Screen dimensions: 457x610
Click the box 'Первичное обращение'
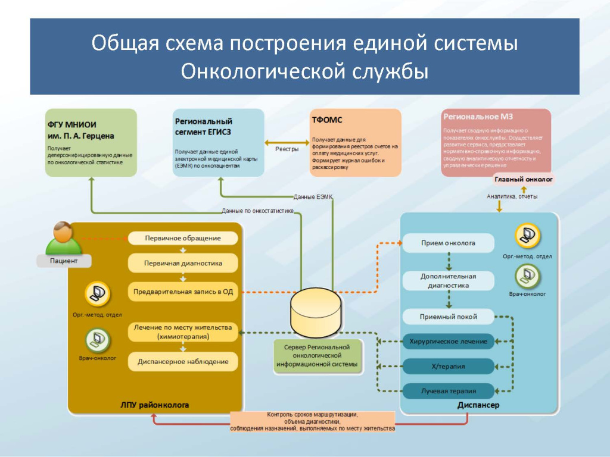pyautogui.click(x=183, y=238)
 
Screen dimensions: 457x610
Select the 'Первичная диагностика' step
pyautogui.click(x=183, y=262)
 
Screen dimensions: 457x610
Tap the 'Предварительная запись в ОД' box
pyautogui.click(x=183, y=292)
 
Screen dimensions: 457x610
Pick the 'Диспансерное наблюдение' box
pyautogui.click(x=183, y=361)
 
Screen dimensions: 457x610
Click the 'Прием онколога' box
pyautogui.click(x=448, y=243)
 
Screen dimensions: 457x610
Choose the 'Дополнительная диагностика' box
pyautogui.click(x=448, y=281)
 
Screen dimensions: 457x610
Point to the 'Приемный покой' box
pyautogui.click(x=448, y=317)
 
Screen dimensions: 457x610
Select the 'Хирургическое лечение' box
pyautogui.click(x=448, y=342)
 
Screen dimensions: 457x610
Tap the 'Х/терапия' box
pyautogui.click(x=448, y=366)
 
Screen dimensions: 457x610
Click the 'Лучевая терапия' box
pyautogui.click(x=448, y=391)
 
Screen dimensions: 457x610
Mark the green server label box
pyautogui.click(x=317, y=355)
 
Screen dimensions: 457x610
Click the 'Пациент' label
pyautogui.click(x=64, y=261)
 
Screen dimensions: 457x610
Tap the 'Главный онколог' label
pyautogui.click(x=524, y=179)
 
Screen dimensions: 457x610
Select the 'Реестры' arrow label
pyautogui.click(x=287, y=149)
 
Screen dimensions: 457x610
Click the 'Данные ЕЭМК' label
pyautogui.click(x=313, y=196)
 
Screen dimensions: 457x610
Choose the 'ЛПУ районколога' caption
pyautogui.click(x=155, y=405)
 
